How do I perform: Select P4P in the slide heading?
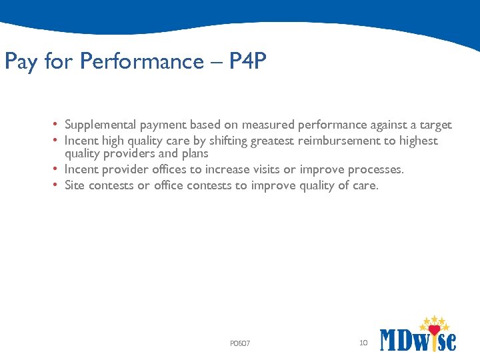tap(247, 61)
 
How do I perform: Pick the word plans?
tap(193, 153)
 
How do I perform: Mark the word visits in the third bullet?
tap(264, 169)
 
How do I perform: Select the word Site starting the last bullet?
tap(75, 185)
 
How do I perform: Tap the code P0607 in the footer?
tap(240, 343)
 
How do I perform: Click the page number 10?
tap(363, 343)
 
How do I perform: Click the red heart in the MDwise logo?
tap(434, 329)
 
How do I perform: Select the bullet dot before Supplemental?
tap(57, 125)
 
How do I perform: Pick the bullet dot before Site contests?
tap(57, 185)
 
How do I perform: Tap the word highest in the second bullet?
tap(417, 141)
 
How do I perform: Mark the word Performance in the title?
tap(141, 61)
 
